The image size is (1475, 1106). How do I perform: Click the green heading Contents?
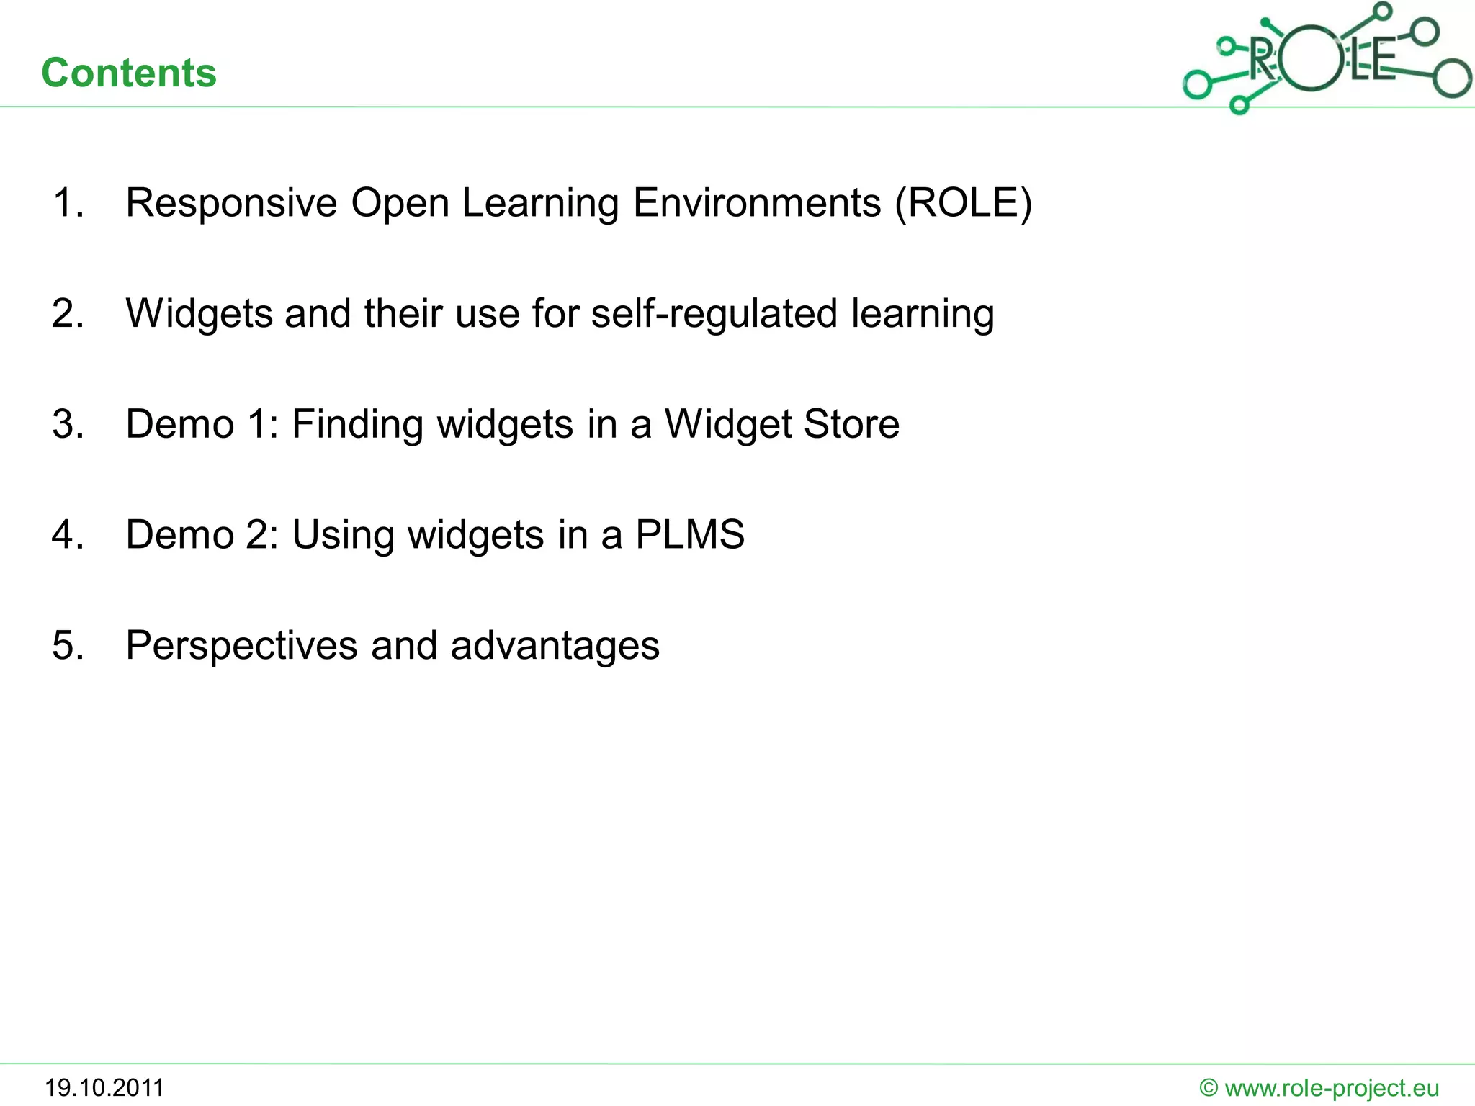click(x=129, y=73)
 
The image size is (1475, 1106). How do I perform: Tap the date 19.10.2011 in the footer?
click(x=104, y=1087)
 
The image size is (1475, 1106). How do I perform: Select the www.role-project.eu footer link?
click(x=1332, y=1088)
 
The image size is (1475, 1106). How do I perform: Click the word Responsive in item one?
click(x=231, y=203)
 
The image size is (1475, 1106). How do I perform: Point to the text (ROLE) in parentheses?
click(x=963, y=203)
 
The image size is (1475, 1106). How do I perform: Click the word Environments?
click(x=757, y=203)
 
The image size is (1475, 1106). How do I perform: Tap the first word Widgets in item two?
click(x=199, y=314)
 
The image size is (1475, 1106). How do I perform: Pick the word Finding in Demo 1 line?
click(x=357, y=424)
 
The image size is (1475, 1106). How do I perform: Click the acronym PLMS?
click(x=689, y=535)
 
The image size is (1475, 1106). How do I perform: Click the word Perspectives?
click(x=241, y=645)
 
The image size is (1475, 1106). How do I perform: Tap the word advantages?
click(x=555, y=645)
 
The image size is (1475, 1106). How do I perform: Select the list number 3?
click(x=68, y=424)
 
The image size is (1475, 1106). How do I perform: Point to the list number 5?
click(x=68, y=645)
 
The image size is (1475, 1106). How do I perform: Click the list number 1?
click(x=68, y=203)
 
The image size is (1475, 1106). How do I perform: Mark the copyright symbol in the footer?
click(x=1209, y=1088)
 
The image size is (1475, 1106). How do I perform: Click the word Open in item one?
click(x=400, y=203)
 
